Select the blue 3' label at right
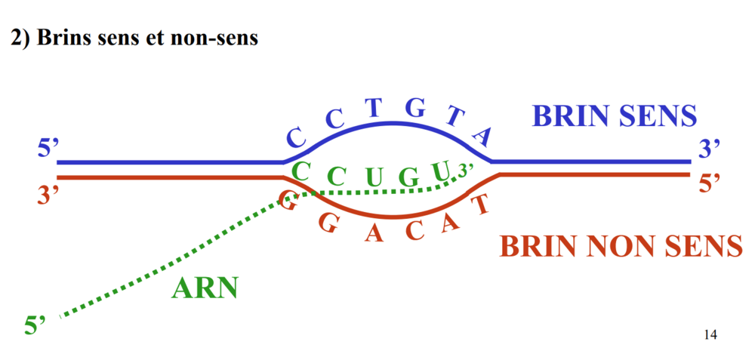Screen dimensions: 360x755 click(x=710, y=149)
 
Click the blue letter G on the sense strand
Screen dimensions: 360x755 click(x=414, y=108)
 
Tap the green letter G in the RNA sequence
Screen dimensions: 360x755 click(x=408, y=179)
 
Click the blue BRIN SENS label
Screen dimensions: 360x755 click(x=614, y=116)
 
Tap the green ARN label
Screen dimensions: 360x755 click(x=205, y=288)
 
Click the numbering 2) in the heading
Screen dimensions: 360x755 click(x=20, y=38)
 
